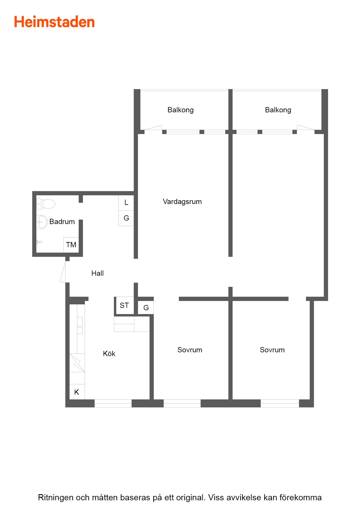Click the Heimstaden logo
click(x=54, y=22)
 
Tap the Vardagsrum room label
click(x=182, y=202)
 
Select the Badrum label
click(x=62, y=222)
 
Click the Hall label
click(x=97, y=273)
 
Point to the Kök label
click(x=109, y=354)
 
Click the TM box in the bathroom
click(x=71, y=245)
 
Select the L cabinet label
click(x=126, y=203)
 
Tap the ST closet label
click(x=124, y=306)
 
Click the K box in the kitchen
click(x=77, y=392)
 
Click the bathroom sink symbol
click(x=42, y=222)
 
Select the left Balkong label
click(x=180, y=110)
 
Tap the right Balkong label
click(x=278, y=110)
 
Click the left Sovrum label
click(x=190, y=350)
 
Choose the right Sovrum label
click(x=272, y=350)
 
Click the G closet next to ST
click(x=146, y=308)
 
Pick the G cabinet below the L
click(x=126, y=218)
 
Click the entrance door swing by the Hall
click(x=63, y=272)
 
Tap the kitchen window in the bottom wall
click(x=113, y=403)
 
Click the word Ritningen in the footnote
click(x=55, y=497)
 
